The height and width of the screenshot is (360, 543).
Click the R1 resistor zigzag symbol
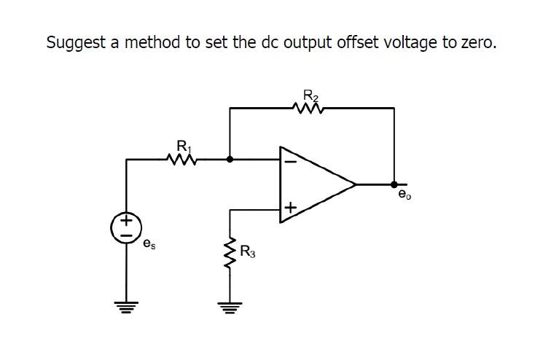[180, 158]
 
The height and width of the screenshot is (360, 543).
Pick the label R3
[248, 254]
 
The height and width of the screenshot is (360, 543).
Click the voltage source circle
[126, 227]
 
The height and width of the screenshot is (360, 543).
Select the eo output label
[404, 195]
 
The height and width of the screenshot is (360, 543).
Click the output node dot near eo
[394, 184]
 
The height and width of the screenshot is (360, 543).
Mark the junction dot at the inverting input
[230, 158]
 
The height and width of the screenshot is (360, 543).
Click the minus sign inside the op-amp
[289, 161]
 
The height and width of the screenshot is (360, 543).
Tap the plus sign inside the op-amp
[289, 209]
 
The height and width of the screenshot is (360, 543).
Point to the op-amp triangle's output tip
[355, 184]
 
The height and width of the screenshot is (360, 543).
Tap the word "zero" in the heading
[476, 42]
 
